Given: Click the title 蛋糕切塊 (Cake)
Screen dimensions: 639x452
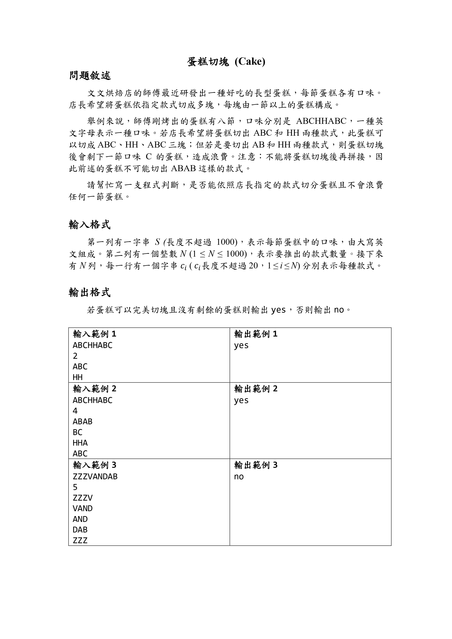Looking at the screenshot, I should (226, 62).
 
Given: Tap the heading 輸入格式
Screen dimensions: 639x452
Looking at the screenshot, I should (89, 225).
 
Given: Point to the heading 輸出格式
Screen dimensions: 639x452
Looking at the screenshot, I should (89, 292).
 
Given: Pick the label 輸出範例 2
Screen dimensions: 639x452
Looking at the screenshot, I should (256, 389).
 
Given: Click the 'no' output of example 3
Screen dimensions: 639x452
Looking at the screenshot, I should (239, 476).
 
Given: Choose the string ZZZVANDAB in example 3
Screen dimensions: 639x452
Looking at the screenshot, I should (95, 476).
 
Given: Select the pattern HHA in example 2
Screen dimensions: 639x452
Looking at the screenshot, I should (80, 443).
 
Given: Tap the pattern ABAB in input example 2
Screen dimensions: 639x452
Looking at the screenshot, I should (82, 422).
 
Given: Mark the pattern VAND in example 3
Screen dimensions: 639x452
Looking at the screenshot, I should (82, 508).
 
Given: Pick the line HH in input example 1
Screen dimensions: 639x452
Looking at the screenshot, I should (78, 377).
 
